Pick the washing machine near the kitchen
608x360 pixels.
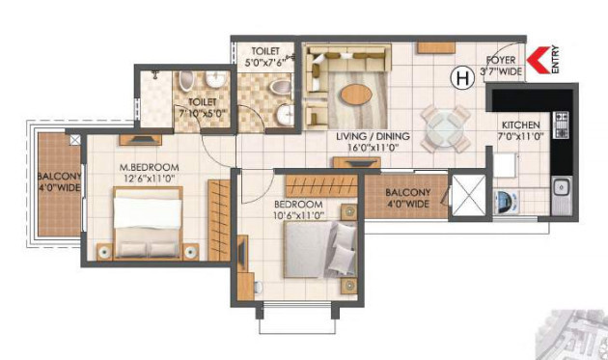505,202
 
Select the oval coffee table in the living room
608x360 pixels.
354,96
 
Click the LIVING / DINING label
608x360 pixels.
373,137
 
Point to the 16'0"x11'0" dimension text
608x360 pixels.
373,150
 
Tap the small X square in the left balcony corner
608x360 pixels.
74,140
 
